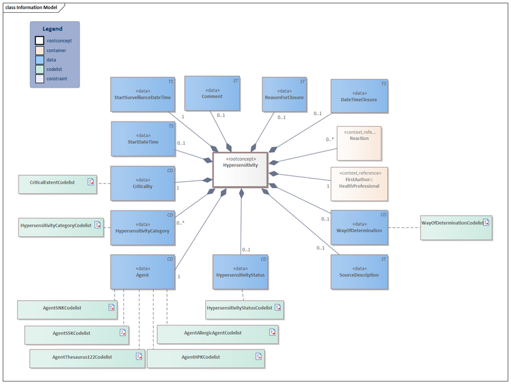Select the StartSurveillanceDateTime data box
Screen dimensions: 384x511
pos(143,95)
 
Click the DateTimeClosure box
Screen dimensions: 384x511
pos(359,97)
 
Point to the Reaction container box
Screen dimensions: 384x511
pos(359,143)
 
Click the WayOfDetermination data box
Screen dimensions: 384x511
pos(359,227)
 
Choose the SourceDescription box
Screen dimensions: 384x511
pos(359,271)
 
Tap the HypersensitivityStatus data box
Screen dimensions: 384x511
pos(241,271)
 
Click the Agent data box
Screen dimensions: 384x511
pos(143,271)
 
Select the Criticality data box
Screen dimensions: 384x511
pos(143,183)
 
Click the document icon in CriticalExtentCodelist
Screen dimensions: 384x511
pos(91,182)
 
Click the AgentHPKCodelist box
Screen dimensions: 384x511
pos(205,356)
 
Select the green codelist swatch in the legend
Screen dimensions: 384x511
pos(40,70)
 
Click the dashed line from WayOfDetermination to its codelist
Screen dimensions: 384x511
pos(404,228)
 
